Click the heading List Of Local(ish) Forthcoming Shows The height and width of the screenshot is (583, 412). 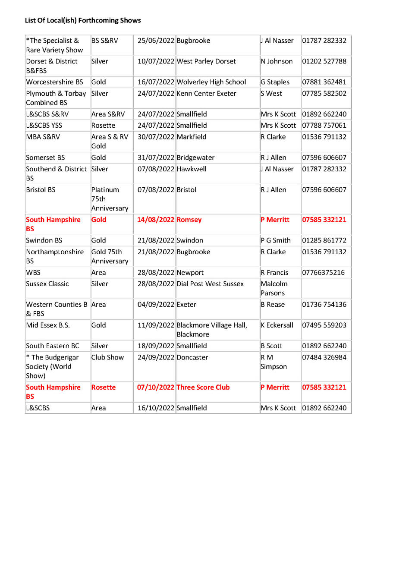click(83, 20)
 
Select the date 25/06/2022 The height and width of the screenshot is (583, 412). click(156, 41)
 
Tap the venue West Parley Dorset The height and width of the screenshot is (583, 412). click(206, 61)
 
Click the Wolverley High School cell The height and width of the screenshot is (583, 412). click(211, 82)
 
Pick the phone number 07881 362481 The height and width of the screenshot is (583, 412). click(324, 82)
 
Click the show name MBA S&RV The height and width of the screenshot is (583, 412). click(43, 137)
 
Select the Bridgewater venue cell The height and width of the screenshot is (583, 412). click(195, 158)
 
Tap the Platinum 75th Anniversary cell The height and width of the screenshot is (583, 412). click(110, 199)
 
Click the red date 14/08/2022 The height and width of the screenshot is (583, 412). click(156, 220)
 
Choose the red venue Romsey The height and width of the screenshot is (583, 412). click(189, 220)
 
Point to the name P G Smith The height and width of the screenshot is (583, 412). click(276, 240)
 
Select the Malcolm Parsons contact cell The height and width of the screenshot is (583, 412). click(274, 288)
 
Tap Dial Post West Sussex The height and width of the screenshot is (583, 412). click(210, 284)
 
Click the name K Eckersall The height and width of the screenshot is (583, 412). click(277, 325)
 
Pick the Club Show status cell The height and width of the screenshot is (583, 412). click(107, 357)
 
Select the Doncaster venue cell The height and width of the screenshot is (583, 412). click(192, 357)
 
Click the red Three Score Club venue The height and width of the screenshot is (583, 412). click(203, 387)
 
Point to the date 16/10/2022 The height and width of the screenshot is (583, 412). click(156, 408)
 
